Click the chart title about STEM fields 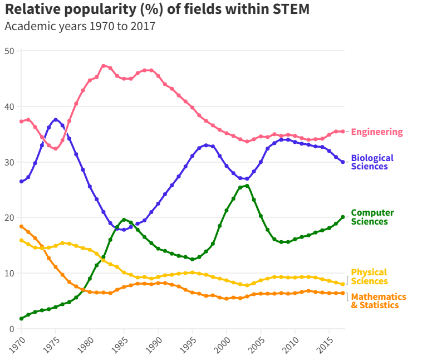[x=157, y=9]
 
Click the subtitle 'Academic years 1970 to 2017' [x=80, y=26]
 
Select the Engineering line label [x=377, y=132]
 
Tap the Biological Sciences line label [x=372, y=162]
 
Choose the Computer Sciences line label [x=372, y=217]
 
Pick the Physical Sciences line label [x=369, y=277]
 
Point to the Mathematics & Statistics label [x=378, y=301]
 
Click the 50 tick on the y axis [x=10, y=51]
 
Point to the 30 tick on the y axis [x=10, y=162]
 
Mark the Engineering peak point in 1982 [x=104, y=66]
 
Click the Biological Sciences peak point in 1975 [x=56, y=120]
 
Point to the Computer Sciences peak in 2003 [x=247, y=186]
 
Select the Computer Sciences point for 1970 [x=21, y=319]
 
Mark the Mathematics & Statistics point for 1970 [x=21, y=226]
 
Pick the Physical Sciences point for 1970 [x=21, y=240]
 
